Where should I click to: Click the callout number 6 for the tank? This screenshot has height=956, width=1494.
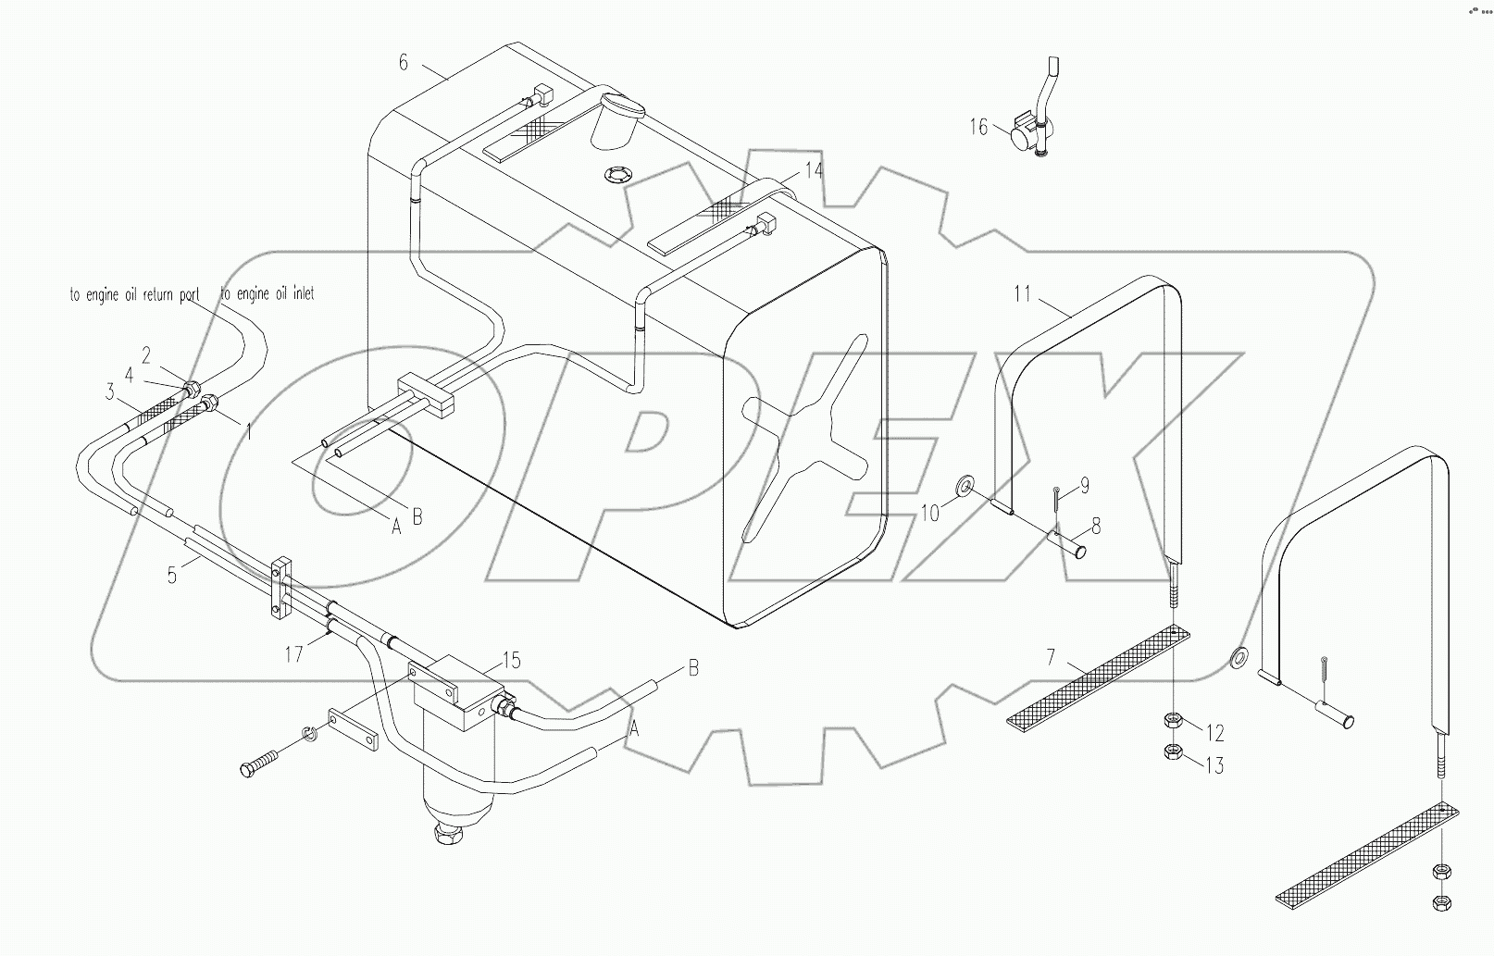403,62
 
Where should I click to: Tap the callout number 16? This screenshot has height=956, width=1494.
978,127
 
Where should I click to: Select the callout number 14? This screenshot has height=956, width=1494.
813,170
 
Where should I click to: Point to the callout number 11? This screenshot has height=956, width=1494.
1022,294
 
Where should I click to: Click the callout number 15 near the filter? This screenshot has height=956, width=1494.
511,660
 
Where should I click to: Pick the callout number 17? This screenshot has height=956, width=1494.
293,654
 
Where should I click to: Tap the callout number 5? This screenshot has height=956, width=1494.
171,575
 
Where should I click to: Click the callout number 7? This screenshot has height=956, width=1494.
1051,658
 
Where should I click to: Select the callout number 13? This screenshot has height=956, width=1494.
1214,765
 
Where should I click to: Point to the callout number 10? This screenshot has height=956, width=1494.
930,512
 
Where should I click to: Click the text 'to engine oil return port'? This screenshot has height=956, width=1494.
134,296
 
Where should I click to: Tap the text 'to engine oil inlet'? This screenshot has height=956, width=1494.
268,293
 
